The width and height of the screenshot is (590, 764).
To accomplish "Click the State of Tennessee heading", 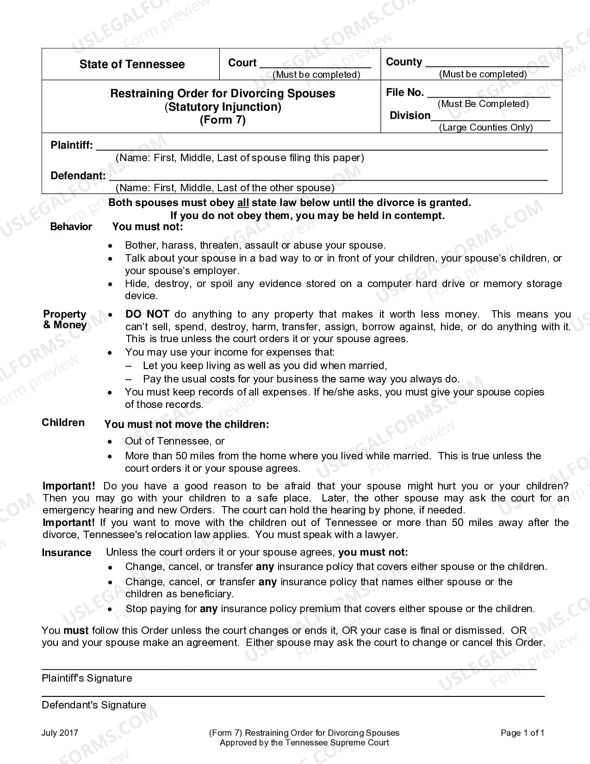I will coord(132,64).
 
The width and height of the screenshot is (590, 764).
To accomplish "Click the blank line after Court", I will coord(315,65).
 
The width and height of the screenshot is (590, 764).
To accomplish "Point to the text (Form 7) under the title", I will coord(223,120).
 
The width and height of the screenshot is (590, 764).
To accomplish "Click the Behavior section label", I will coord(71,227).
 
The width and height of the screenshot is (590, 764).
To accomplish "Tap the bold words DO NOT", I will coord(147,314).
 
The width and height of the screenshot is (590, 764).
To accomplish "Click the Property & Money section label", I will coord(65,319).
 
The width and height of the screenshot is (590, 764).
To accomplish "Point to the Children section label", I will coord(63,423).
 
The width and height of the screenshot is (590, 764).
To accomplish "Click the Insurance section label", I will coord(67,553).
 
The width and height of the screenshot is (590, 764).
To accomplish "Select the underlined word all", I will coord(243,203).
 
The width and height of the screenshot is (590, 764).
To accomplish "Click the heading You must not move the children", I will coord(186,425).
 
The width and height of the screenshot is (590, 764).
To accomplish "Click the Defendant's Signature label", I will coord(93,705).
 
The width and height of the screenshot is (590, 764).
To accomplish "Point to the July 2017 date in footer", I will coord(60,733).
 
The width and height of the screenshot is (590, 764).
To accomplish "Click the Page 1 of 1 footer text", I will coord(522,733).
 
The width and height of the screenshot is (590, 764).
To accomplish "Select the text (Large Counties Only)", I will coord(486,127).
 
